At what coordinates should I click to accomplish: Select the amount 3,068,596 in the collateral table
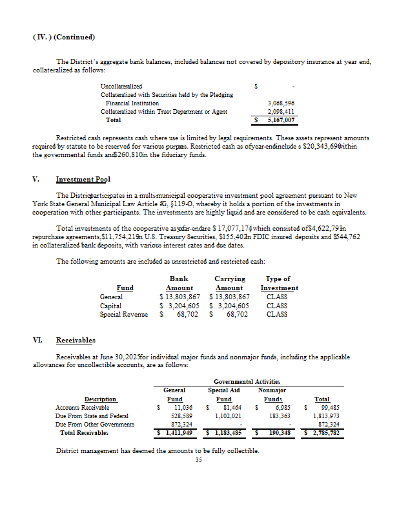[x=281, y=103]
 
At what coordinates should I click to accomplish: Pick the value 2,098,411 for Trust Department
[x=281, y=111]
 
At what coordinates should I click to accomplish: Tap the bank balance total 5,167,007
[x=281, y=120]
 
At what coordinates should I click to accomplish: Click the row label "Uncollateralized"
[x=121, y=86]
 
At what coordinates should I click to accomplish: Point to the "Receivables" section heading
[x=76, y=339]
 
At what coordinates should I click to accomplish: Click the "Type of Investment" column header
[x=279, y=283]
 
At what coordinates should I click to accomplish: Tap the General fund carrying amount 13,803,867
[x=227, y=297]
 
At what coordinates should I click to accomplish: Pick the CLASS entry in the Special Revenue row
[x=277, y=314]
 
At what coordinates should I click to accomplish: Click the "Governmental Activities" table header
[x=246, y=382]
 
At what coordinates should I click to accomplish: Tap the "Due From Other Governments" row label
[x=95, y=425]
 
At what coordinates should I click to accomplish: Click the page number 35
[x=199, y=460]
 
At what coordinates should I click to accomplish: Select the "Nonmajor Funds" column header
[x=272, y=394]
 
